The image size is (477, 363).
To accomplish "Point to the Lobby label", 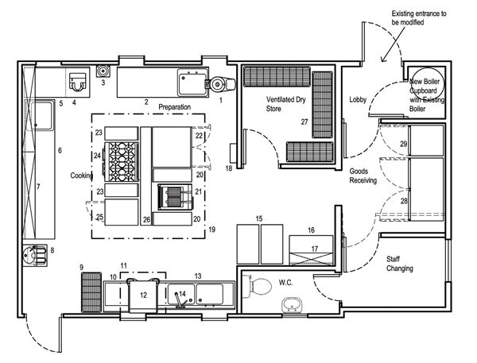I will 359,99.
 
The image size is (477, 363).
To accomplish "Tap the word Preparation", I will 176,106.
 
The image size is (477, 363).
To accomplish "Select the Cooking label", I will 83,176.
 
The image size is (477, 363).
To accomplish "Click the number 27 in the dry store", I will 304,122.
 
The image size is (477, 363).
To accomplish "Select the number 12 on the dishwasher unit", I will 144,295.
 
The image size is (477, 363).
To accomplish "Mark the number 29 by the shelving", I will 404,144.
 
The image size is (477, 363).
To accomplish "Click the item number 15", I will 258,218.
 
